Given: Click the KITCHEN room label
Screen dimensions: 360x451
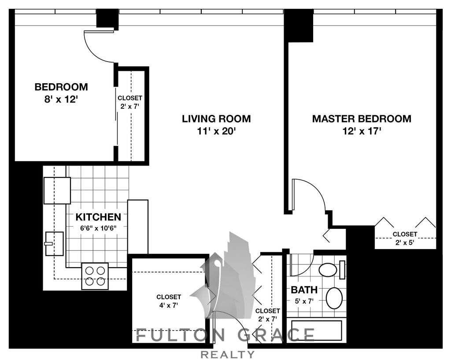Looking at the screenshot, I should pyautogui.click(x=98, y=217).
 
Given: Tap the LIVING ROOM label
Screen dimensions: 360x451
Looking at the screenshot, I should pyautogui.click(x=216, y=118).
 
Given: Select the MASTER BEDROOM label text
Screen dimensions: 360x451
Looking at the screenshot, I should pyautogui.click(x=362, y=118).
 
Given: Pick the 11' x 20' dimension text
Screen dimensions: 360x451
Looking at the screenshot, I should pyautogui.click(x=216, y=131).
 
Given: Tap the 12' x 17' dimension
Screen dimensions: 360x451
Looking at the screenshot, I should pyautogui.click(x=362, y=131).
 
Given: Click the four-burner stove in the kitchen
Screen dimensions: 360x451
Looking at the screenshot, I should pyautogui.click(x=95, y=276).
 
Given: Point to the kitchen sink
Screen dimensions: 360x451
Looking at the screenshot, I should pyautogui.click(x=54, y=243).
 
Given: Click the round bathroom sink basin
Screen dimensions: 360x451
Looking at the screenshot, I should pyautogui.click(x=335, y=298).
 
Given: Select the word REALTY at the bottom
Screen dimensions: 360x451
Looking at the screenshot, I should pyautogui.click(x=227, y=355).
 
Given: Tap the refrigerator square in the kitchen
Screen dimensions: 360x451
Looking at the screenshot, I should pyautogui.click(x=57, y=190).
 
